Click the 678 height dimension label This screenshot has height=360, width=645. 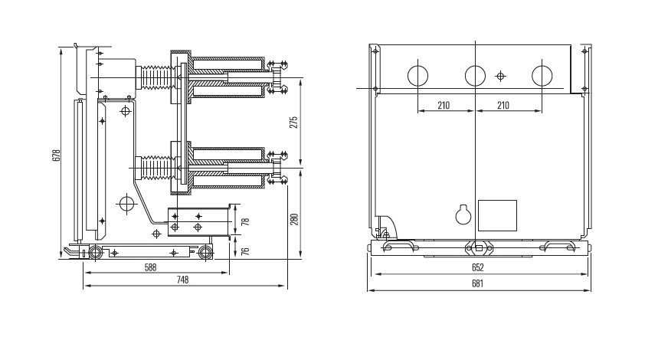(57, 155)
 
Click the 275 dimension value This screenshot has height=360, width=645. (293, 123)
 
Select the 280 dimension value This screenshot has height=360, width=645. (294, 219)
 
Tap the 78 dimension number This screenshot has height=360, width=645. (246, 222)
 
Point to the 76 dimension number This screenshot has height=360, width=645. (246, 250)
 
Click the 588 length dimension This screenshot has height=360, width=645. (151, 267)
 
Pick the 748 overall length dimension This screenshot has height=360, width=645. (182, 280)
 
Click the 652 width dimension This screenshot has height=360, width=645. (477, 268)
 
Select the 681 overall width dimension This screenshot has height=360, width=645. (477, 284)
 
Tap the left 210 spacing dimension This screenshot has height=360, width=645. (444, 106)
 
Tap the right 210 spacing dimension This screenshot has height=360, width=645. (503, 106)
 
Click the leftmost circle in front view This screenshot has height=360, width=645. (418, 66)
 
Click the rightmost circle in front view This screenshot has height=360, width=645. (542, 66)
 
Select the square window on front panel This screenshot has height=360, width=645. (497, 215)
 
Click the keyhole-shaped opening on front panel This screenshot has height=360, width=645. (463, 214)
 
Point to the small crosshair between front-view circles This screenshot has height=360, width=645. (500, 76)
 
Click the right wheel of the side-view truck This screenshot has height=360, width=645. (205, 253)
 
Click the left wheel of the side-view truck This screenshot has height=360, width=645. (96, 253)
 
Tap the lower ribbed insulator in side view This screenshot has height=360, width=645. (157, 168)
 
